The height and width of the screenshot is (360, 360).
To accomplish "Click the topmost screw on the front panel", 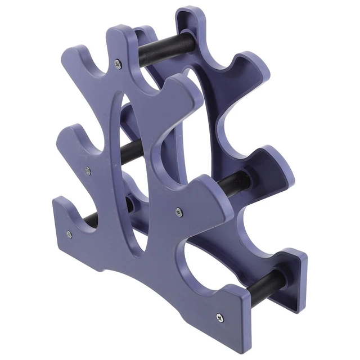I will coord(118,64).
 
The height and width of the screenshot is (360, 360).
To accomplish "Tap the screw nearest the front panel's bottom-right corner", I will coord(219,318).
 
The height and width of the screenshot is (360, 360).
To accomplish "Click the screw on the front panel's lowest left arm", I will coord(69,234).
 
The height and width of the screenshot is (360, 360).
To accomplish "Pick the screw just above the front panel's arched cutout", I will coord(178,212).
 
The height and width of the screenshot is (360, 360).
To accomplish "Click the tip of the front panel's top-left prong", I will coord(70,53).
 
